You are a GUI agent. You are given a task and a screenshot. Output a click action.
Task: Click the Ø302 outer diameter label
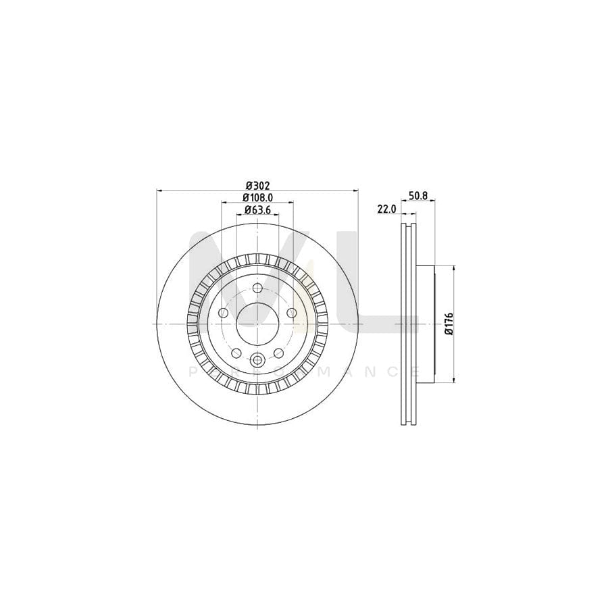point(257,185)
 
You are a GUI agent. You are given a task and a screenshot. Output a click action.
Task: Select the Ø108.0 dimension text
point(257,197)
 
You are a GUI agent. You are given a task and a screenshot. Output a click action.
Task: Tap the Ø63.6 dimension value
point(257,210)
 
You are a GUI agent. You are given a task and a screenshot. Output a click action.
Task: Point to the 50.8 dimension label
point(419,196)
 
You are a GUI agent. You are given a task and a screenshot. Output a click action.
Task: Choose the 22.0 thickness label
point(386,210)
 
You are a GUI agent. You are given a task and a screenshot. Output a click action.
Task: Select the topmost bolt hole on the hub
point(257,288)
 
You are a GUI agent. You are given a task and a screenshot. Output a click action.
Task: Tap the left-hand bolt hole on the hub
point(223,313)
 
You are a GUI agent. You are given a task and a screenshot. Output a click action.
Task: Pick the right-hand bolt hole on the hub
point(291,313)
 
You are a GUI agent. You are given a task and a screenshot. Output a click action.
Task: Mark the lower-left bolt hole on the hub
point(236,353)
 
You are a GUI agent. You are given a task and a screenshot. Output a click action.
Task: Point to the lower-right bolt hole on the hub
point(278,353)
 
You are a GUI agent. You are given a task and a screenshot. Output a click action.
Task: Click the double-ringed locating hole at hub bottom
point(257,361)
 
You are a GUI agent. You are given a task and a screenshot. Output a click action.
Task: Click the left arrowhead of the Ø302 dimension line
point(159,191)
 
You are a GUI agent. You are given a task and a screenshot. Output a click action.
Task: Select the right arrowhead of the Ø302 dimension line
point(356,191)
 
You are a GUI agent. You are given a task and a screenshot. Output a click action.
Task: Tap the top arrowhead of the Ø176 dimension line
point(453,268)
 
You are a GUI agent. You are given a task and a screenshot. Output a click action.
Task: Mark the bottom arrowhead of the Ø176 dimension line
point(453,380)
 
